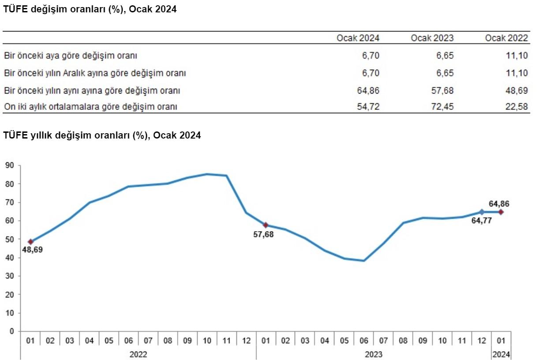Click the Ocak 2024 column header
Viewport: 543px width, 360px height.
click(358, 38)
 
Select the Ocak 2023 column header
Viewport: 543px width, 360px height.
click(432, 38)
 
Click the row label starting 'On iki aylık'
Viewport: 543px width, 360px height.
click(90, 106)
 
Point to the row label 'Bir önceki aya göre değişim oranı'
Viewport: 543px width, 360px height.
click(71, 56)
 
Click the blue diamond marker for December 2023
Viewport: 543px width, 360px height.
click(481, 212)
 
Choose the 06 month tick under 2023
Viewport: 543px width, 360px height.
click(364, 341)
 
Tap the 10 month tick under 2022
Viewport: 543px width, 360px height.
click(207, 341)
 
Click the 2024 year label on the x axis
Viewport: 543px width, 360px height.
click(501, 354)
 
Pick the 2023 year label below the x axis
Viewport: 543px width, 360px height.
click(374, 354)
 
